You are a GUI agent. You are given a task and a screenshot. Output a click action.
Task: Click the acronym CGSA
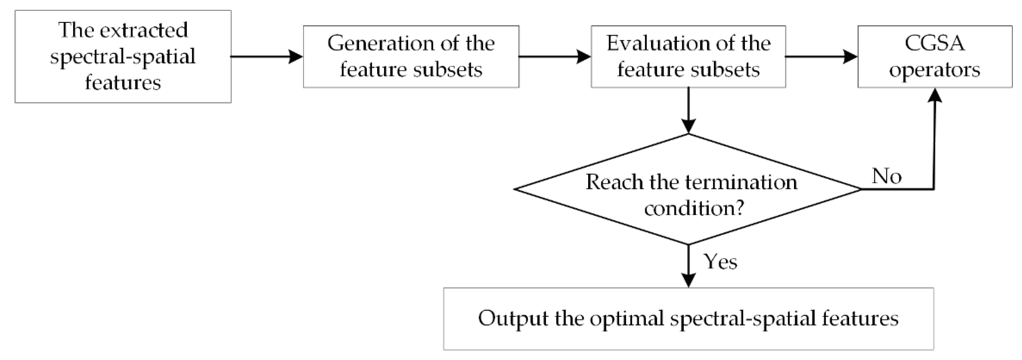(934, 43)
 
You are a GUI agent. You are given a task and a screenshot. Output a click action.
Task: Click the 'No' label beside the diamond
(886, 176)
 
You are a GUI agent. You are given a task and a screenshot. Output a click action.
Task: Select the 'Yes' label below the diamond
(720, 262)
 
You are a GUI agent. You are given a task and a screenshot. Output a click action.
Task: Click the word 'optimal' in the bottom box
(626, 318)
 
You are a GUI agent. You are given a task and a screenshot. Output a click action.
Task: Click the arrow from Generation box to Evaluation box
(555, 57)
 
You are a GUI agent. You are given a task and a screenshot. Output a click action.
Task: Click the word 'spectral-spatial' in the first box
(123, 57)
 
